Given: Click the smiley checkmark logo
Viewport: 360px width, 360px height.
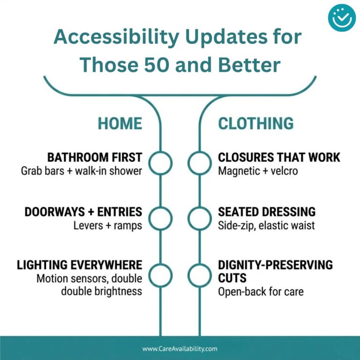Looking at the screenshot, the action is point(342,18).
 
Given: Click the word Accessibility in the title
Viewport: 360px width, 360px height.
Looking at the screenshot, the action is point(116,37).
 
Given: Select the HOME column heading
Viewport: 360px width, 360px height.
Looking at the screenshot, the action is point(120,124).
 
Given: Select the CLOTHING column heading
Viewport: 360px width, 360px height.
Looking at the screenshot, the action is point(256,124).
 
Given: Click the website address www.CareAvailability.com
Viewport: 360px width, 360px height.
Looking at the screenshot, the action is point(180,349).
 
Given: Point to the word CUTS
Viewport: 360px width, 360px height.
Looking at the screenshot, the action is point(232,278).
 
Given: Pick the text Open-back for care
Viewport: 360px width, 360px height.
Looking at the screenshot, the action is point(261,292).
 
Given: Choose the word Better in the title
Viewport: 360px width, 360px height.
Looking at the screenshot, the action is point(249,65).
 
